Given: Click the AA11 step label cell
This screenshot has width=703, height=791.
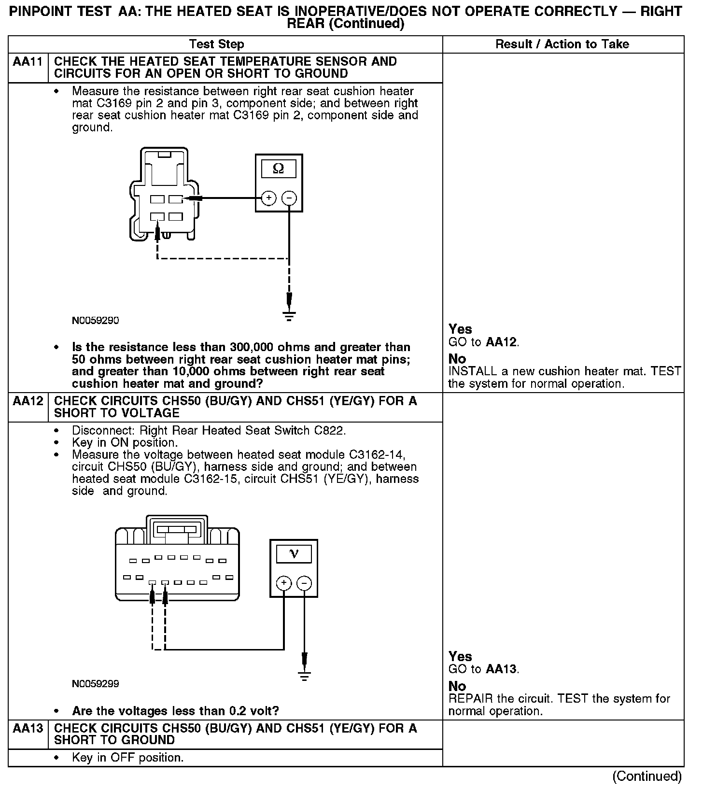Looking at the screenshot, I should (28, 62).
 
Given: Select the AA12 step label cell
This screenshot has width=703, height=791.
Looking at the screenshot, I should (28, 402).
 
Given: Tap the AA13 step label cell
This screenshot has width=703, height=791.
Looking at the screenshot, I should (28, 729).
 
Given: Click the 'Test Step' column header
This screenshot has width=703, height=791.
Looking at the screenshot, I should (217, 44).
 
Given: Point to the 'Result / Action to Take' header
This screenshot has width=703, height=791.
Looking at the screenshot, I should (562, 44).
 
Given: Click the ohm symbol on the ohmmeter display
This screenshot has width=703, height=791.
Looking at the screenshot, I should (279, 169).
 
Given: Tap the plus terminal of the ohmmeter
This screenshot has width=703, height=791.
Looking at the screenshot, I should (268, 198).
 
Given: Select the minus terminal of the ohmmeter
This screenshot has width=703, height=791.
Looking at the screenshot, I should (289, 198).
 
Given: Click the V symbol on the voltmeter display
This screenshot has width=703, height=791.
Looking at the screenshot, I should (294, 553).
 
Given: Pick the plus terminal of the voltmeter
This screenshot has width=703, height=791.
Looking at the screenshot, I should (283, 583).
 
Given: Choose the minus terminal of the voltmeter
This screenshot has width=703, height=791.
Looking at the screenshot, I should (304, 583).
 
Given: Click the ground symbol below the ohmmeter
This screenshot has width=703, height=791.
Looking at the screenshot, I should (289, 317).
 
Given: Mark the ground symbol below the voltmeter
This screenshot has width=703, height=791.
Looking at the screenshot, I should (304, 676).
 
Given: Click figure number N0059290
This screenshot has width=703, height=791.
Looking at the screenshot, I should (96, 321).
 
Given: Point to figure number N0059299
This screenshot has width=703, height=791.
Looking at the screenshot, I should (96, 684).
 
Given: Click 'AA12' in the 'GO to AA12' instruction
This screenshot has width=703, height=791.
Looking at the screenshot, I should (502, 342).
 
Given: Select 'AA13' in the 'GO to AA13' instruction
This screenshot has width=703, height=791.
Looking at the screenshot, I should (502, 669).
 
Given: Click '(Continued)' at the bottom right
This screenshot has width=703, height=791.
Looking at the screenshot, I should (647, 776).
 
